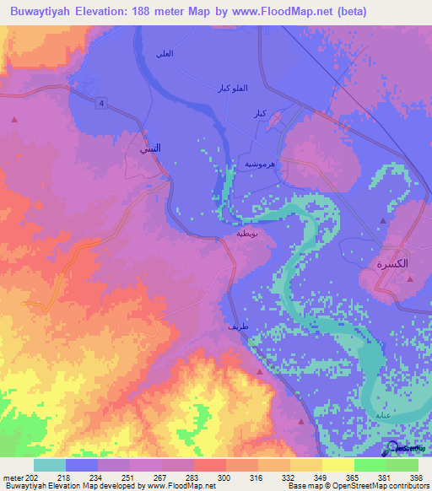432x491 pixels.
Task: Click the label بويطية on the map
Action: coord(251,235)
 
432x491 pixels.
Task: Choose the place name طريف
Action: coord(237,325)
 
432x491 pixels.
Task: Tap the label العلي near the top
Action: coord(165,53)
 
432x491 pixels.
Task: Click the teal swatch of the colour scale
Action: coord(50,465)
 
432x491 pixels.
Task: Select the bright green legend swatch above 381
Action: coord(370,465)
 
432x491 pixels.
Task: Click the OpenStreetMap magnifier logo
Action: coord(393,449)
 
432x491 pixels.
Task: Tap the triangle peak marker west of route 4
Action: coord(14,121)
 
